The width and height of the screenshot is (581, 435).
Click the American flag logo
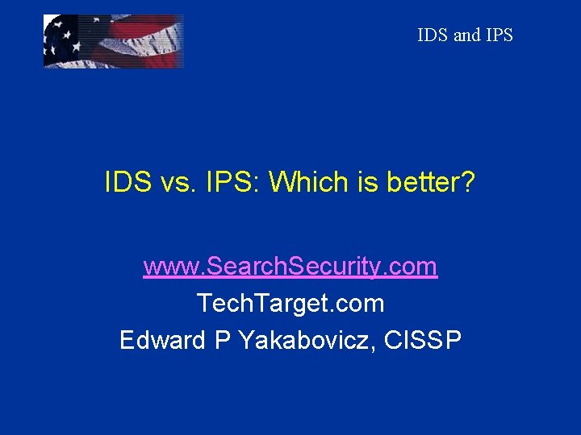(113, 41)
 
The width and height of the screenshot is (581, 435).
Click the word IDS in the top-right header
(433, 35)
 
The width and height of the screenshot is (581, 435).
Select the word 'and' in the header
(466, 35)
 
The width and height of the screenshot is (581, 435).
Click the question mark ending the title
(468, 183)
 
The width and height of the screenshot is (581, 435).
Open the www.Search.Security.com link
(290, 267)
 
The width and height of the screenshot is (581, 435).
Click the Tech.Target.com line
(290, 304)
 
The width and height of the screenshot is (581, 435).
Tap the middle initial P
(221, 340)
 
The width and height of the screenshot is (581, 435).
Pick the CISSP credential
(423, 340)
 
